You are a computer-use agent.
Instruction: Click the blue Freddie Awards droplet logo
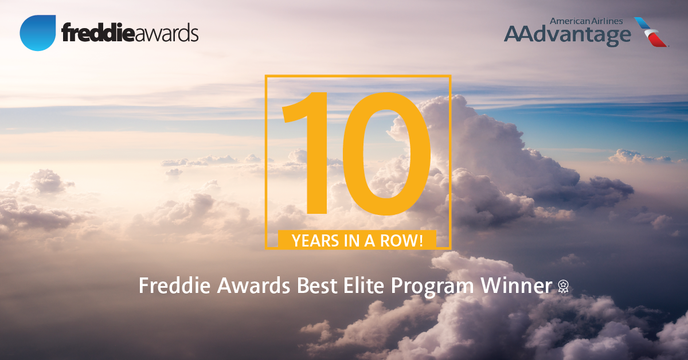coord(38,33)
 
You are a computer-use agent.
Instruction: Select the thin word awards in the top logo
coord(166,33)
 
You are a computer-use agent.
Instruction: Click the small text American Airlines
coord(586,21)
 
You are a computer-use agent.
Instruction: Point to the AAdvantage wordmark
coord(568,36)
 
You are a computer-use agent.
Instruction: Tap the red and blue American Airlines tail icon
coord(651,32)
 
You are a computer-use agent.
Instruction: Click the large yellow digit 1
coord(304,153)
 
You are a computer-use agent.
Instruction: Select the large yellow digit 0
coord(386,154)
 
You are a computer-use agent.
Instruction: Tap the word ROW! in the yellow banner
coord(402,241)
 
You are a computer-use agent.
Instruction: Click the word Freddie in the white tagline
coord(174,285)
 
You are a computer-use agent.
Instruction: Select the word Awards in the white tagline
coord(253,285)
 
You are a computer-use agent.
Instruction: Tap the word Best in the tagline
coord(317,285)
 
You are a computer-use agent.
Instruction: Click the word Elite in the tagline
coord(363,285)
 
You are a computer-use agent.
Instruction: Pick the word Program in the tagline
coord(432,288)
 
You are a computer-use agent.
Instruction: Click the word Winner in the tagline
coord(517,285)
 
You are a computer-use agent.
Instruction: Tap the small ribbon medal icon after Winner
coord(563,286)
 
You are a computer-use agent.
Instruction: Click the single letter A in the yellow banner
coord(370,241)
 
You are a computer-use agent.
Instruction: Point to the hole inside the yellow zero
coord(386,154)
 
